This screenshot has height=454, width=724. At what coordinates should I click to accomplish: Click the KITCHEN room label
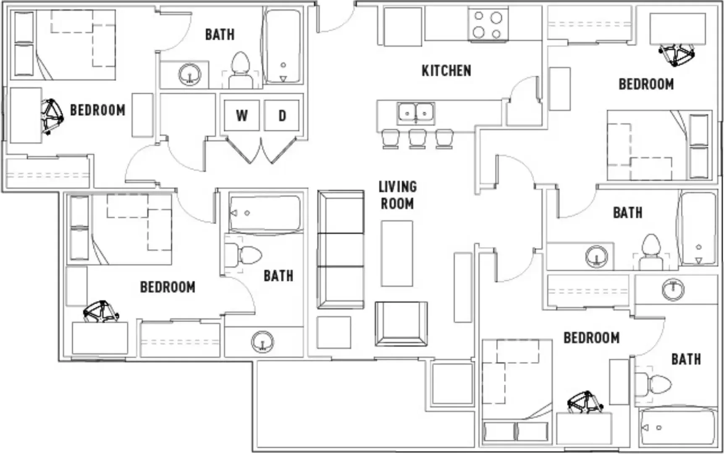click(x=446, y=71)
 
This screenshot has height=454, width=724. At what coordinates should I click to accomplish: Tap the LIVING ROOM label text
click(x=397, y=195)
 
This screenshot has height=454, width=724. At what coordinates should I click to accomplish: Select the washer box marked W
click(x=241, y=115)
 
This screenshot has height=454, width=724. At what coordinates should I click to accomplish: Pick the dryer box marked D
click(x=282, y=115)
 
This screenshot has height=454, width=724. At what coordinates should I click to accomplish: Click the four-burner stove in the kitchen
click(x=488, y=24)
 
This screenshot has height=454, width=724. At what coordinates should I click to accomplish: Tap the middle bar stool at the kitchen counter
click(x=417, y=139)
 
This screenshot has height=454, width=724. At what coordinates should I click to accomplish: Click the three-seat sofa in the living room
click(x=341, y=250)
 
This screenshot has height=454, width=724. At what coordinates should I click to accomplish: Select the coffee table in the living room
click(x=397, y=253)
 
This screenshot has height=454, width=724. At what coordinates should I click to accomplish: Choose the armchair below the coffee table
click(x=401, y=324)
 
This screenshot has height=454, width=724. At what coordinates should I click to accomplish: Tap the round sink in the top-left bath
click(x=189, y=75)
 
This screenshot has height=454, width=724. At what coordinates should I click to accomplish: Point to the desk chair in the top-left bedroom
click(x=51, y=116)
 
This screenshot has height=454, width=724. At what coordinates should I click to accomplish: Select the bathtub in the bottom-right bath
click(x=677, y=427)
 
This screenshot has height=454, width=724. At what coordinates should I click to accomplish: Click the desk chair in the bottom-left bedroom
click(x=101, y=311)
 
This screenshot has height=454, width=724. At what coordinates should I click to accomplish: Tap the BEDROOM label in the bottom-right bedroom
click(x=591, y=338)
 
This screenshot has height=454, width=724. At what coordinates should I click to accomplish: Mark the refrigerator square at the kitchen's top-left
click(x=402, y=26)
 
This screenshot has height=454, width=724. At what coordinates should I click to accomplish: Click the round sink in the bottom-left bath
click(x=262, y=342)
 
